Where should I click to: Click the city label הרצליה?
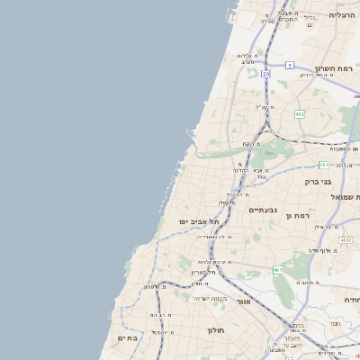click(343, 14)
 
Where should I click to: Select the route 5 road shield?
click(290, 66)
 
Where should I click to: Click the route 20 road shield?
click(265, 74)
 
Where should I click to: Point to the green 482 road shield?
click(299, 113)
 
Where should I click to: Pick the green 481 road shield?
click(323, 165)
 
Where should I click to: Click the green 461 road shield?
click(280, 270)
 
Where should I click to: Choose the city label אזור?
click(243, 301)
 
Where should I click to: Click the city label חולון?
click(216, 329)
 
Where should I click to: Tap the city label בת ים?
click(127, 337)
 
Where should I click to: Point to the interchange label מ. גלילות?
click(248, 56)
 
